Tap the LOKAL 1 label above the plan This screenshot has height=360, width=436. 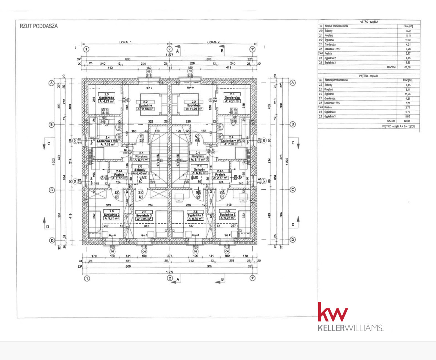[x=125, y=42]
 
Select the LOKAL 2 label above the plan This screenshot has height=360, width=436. [x=213, y=42]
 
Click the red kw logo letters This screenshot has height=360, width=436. [x=333, y=312]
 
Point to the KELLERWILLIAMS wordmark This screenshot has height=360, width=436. [x=350, y=328]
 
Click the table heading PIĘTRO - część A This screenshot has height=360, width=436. [x=368, y=22]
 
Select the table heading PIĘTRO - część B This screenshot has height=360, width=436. [x=368, y=76]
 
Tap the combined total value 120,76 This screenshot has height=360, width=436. [x=411, y=126]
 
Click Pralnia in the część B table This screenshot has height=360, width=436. [x=329, y=107]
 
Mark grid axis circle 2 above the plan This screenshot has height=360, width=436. [x=169, y=49]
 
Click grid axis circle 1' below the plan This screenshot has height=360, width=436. [x=253, y=278]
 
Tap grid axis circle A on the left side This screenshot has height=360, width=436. [x=52, y=83]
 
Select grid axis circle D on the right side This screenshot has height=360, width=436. [x=293, y=240]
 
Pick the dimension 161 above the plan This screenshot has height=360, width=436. [x=169, y=68]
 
